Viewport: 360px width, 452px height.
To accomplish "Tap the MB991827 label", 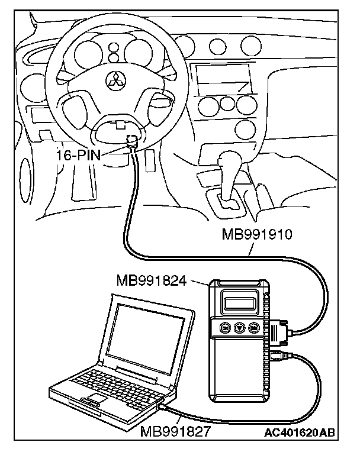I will click(x=175, y=431).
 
